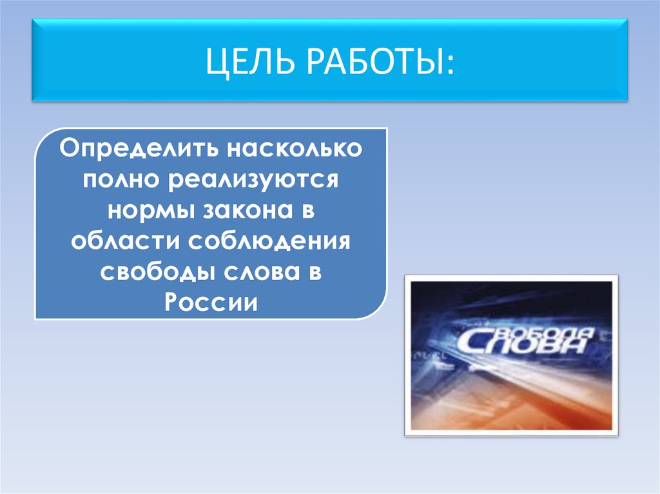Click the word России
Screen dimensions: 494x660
point(211,301)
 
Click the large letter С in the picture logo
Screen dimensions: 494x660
point(474,343)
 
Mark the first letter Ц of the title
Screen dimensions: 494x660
point(213,61)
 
